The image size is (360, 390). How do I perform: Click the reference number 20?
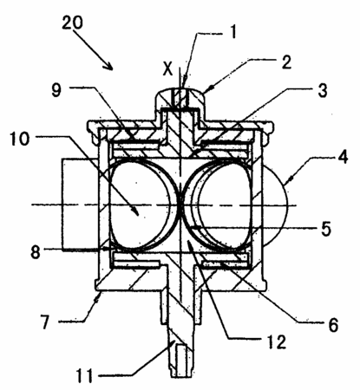pyautogui.click(x=72, y=23)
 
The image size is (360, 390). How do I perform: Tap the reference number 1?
pyautogui.click(x=233, y=31)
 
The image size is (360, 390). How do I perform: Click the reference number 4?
pyautogui.click(x=343, y=157)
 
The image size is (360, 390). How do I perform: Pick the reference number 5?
pyautogui.click(x=326, y=229)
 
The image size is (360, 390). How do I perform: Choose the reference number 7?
pyautogui.click(x=44, y=322)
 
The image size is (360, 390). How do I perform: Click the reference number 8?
pyautogui.click(x=36, y=251)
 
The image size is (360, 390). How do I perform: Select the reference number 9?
pyautogui.click(x=56, y=90)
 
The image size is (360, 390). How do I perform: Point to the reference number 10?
pyautogui.click(x=20, y=139)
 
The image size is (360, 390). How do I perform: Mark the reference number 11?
pyautogui.click(x=84, y=375)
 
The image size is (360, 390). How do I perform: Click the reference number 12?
pyautogui.click(x=276, y=341)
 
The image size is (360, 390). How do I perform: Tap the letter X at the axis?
pyautogui.click(x=167, y=68)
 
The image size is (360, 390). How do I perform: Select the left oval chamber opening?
pyautogui.click(x=139, y=205)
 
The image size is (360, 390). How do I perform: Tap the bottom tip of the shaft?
pyautogui.click(x=181, y=376)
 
